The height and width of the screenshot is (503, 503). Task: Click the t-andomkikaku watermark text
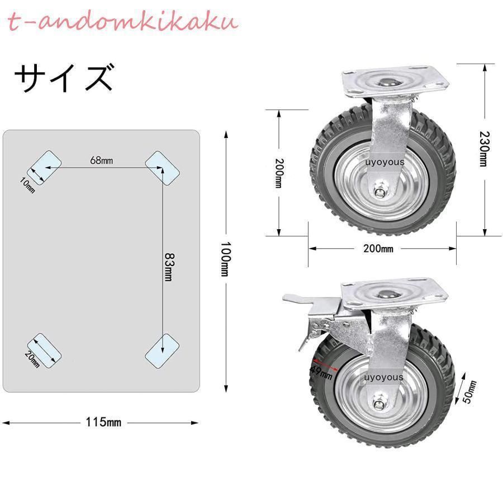coord(122,22)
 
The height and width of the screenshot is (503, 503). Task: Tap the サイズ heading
coord(64,78)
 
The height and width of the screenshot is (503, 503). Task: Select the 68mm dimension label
coord(101,160)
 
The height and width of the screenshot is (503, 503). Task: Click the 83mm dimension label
coord(169,267)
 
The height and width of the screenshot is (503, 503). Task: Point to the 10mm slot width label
coord(27,186)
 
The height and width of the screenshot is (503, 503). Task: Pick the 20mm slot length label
coord(32,359)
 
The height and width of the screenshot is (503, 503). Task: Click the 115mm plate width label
coord(103,422)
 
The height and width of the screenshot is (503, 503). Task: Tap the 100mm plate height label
coord(225,259)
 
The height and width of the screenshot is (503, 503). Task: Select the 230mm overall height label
coord(484,149)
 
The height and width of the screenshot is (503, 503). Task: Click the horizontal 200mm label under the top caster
coord(378,248)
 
